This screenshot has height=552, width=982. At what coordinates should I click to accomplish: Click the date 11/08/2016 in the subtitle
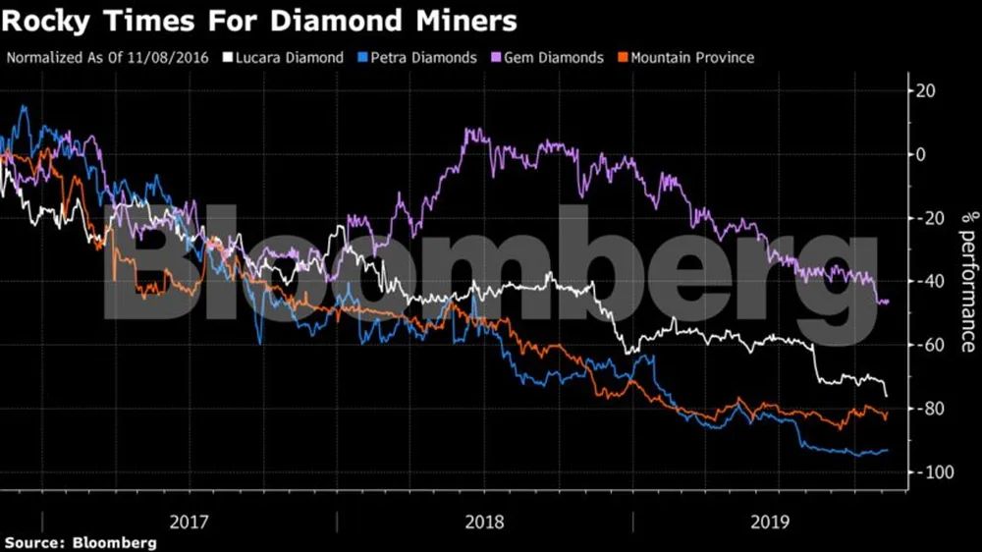(174, 58)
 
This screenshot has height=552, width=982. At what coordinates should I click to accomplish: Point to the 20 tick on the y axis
(926, 91)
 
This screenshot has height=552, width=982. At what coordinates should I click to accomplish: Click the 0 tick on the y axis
(921, 154)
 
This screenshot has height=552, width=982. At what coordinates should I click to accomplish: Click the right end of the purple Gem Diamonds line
(888, 302)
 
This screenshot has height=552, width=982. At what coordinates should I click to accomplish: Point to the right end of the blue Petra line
(888, 451)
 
